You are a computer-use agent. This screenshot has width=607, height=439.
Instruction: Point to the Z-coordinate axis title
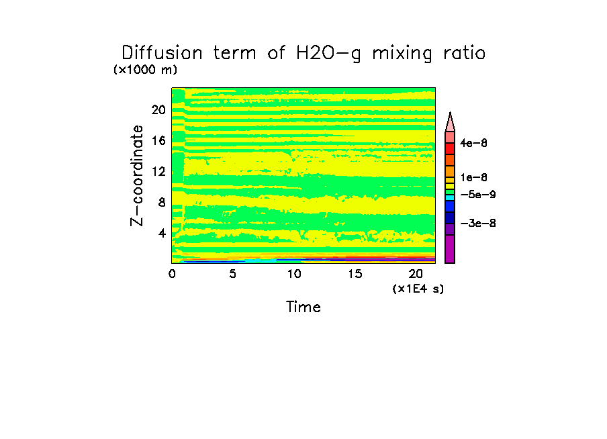click(x=138, y=175)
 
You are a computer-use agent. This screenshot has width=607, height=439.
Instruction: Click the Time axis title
click(x=303, y=307)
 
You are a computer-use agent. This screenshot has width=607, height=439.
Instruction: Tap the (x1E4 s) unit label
click(x=418, y=289)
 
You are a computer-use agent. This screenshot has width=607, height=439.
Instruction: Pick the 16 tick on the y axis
click(x=158, y=140)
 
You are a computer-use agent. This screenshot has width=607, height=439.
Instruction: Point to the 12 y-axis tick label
click(x=158, y=171)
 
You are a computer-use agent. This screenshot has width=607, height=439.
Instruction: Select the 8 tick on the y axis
click(x=161, y=203)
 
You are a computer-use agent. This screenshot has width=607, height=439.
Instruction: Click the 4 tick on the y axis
click(x=161, y=234)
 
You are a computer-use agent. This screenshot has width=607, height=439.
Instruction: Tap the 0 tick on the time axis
click(x=172, y=274)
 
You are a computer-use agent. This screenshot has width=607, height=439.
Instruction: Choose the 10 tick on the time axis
click(x=294, y=274)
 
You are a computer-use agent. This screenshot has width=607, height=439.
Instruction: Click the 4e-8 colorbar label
click(x=474, y=143)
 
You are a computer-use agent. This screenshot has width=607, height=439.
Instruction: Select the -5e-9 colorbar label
click(x=477, y=194)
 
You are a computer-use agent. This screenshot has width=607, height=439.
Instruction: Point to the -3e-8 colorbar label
click(x=477, y=223)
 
